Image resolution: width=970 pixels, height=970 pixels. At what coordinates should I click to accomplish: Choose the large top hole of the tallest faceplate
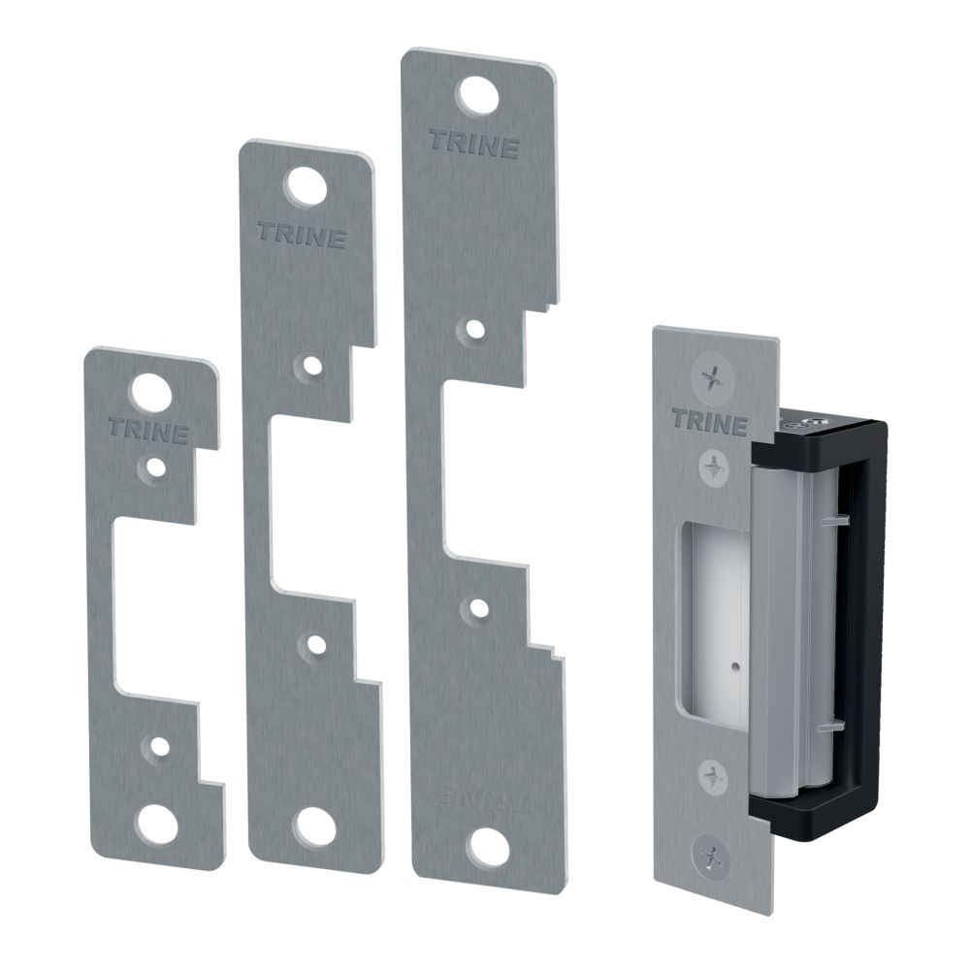(477, 96)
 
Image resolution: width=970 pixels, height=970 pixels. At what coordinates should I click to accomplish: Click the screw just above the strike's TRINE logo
(714, 378)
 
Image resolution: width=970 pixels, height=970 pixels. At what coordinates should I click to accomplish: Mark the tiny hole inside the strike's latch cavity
(734, 668)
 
